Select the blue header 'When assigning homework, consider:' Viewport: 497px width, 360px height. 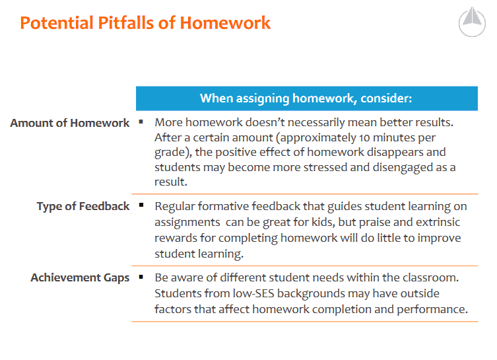[306, 98]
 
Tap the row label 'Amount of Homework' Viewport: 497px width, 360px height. [70, 123]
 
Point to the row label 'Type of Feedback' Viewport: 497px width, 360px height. [83, 206]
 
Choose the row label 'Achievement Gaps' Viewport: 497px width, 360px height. [80, 277]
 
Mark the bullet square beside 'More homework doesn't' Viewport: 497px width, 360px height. [141, 122]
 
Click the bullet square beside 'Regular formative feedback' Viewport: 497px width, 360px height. [141, 205]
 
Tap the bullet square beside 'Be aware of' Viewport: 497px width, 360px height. [141, 277]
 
